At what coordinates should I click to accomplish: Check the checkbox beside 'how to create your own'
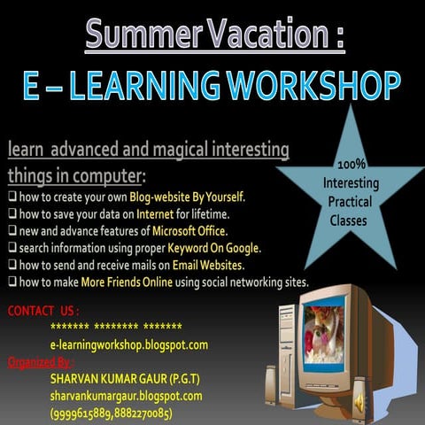click(x=12, y=197)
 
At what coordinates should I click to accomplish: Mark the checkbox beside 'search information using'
click(x=12, y=248)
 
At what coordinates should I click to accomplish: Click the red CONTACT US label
click(x=42, y=311)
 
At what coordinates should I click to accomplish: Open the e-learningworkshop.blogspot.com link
click(x=129, y=344)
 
